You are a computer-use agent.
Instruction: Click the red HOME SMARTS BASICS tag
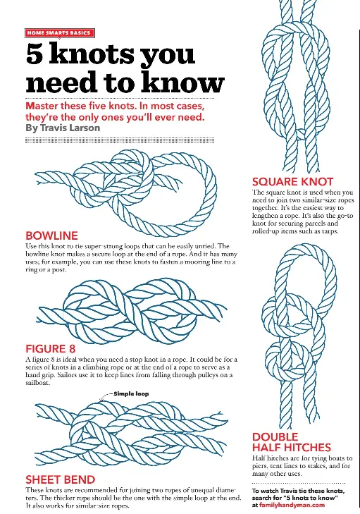[60, 32]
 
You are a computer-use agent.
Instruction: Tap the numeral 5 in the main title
[35, 54]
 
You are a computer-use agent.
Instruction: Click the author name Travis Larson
[70, 128]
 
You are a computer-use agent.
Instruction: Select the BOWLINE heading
[51, 235]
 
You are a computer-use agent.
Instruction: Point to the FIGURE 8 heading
[51, 348]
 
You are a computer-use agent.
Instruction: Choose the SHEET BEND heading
[61, 479]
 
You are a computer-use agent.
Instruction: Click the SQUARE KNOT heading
[292, 182]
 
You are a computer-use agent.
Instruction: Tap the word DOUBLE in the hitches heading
[275, 437]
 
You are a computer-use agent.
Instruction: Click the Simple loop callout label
[131, 393]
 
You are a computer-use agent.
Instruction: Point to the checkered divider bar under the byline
[120, 140]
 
